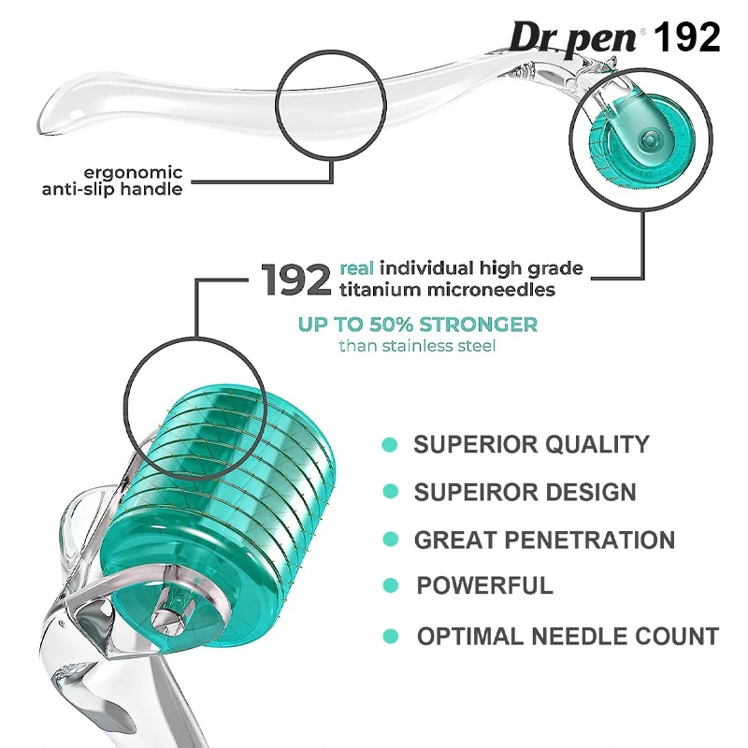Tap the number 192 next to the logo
pos(687,37)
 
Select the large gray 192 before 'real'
pos(295,280)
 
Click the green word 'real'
pos(356,268)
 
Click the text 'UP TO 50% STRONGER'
pos(418,324)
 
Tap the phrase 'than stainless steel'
pos(417,345)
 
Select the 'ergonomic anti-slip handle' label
pos(112,180)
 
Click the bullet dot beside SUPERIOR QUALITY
pos(390,445)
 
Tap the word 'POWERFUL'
pos(484,585)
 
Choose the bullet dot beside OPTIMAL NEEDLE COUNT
pos(391,637)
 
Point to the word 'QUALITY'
pos(597,445)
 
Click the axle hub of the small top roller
pos(648,139)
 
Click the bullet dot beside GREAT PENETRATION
pos(391,539)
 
